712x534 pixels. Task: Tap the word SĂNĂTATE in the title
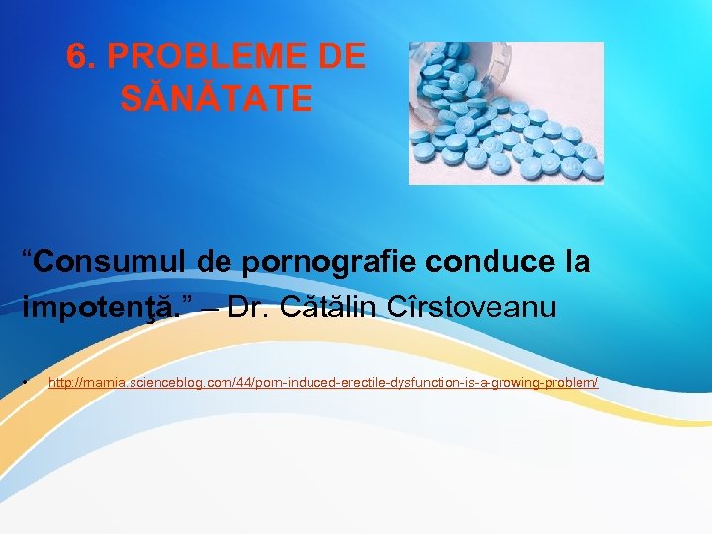[217, 98]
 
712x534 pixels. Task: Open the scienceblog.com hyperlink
[323, 382]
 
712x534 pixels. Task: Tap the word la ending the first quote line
[575, 262]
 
